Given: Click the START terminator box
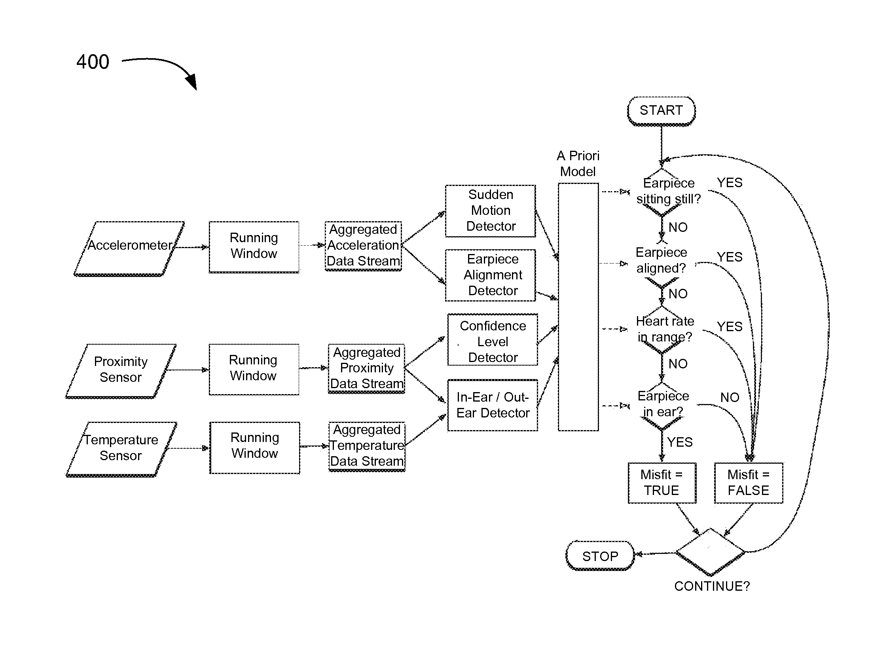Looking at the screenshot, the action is point(661,111).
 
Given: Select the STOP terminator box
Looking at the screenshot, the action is point(600,556).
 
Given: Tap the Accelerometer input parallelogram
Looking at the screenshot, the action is point(129,248).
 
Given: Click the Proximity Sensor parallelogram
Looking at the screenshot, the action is point(121,371).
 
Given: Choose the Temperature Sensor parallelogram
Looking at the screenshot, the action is point(121,449).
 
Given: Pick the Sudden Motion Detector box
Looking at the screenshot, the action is point(490,211).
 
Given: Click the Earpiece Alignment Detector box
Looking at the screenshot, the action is point(490,275).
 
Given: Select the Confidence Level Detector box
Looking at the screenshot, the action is point(493,340).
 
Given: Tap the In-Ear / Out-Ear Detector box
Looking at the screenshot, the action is point(493,405).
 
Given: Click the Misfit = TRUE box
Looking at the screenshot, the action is point(662,483).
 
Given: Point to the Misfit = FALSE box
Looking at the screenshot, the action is point(749,483).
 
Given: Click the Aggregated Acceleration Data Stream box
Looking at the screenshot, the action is point(363,246).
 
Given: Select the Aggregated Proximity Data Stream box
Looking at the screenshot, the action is point(366,369).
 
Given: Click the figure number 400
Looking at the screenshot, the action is point(93,62).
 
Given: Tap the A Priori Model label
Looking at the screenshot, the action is point(578,164).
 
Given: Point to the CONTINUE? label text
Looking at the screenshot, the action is point(712,586).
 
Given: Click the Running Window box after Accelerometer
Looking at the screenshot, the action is point(254,247).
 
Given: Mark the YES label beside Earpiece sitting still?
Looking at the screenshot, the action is point(730,183).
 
